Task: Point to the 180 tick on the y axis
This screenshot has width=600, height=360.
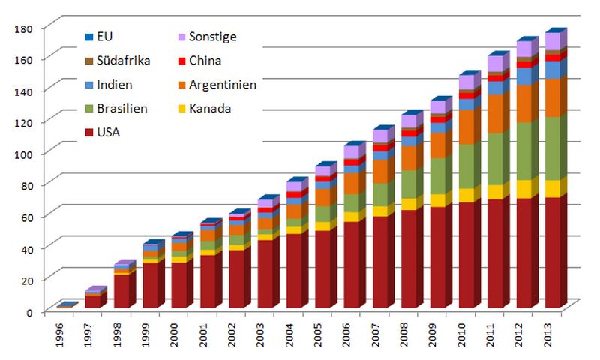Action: [x=25, y=28]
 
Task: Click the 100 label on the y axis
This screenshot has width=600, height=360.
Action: [x=25, y=153]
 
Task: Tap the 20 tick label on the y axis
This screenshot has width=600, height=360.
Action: [x=28, y=279]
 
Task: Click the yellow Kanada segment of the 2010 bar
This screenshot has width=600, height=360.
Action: [x=466, y=195]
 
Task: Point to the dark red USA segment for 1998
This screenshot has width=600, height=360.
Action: [x=120, y=291]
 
